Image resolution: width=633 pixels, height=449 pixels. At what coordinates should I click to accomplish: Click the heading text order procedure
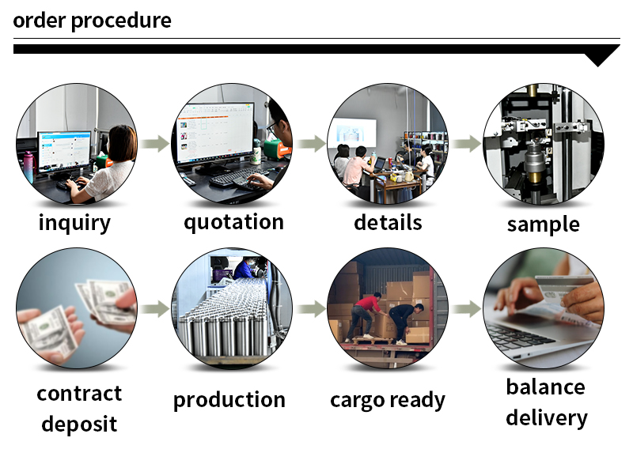[x=92, y=21]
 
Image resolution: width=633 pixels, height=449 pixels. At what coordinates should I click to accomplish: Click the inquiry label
[x=74, y=223]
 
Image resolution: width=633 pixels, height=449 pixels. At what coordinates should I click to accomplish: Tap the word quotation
[x=233, y=222]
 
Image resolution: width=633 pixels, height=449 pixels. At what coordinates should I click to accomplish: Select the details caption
[x=388, y=222]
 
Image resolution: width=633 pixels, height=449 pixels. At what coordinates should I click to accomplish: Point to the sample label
[x=543, y=224]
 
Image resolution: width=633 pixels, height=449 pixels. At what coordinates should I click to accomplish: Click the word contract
[x=79, y=393]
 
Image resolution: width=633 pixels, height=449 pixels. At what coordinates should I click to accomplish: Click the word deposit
[x=79, y=424]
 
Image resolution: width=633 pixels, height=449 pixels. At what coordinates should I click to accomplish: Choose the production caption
[x=229, y=400]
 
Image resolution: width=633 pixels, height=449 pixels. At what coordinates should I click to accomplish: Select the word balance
[x=546, y=387]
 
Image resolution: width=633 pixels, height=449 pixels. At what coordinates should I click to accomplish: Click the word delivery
[x=547, y=417]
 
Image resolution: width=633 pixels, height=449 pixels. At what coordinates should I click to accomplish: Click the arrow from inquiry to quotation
[x=157, y=144]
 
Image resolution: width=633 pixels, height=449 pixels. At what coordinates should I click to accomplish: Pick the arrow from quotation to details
[x=312, y=144]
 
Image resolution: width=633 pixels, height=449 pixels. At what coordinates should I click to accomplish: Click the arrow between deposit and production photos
[x=157, y=309]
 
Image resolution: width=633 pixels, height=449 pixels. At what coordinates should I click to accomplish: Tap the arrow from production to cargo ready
[x=312, y=309]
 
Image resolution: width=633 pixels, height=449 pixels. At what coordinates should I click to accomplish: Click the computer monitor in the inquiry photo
[x=63, y=150]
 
